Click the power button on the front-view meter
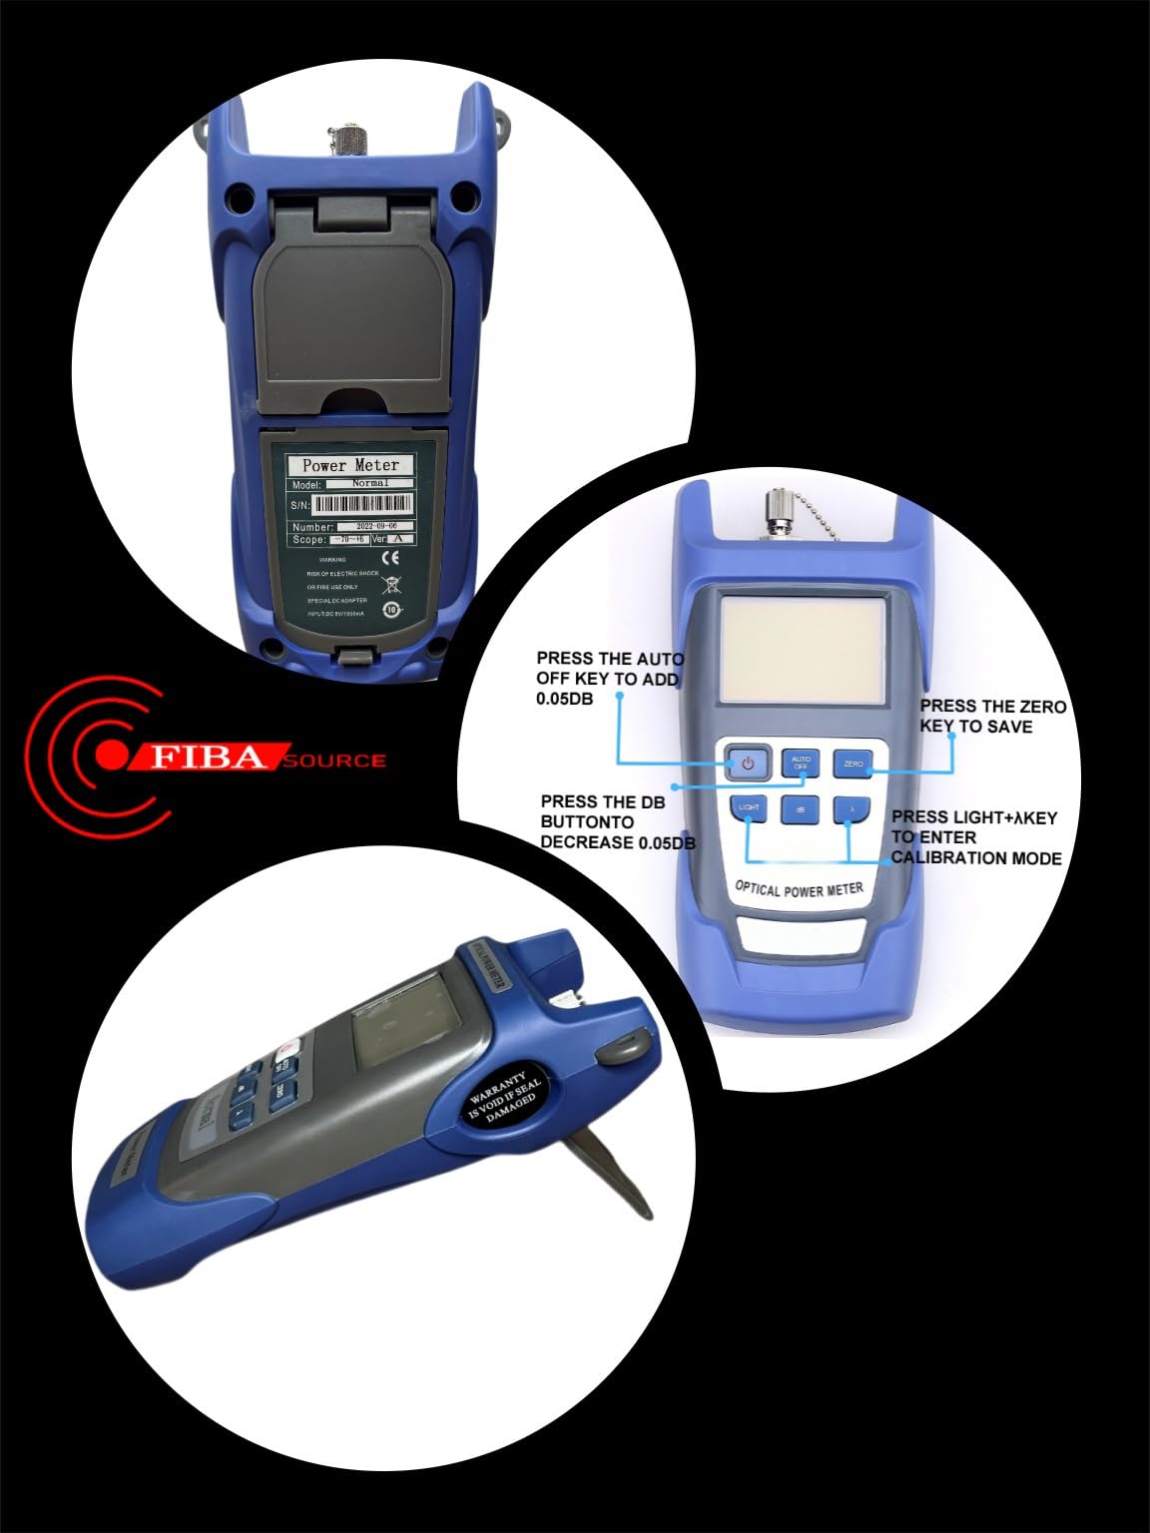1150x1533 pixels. point(748,765)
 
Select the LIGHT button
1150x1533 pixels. point(748,807)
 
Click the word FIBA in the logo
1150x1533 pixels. point(210,758)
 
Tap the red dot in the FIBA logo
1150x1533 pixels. point(109,757)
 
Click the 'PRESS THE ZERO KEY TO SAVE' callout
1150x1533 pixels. point(992,717)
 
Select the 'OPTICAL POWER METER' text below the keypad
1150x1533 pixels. point(799,887)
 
